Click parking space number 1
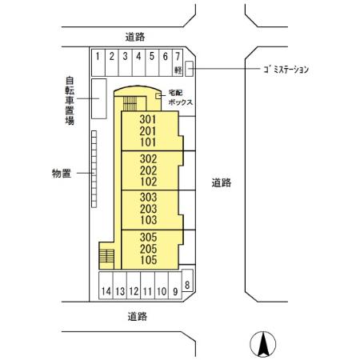point(97,57)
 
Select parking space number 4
point(138,57)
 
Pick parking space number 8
point(187,285)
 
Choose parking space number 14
point(106,291)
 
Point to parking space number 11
point(147,291)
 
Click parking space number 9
point(175,291)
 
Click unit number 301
point(146,119)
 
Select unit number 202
point(146,170)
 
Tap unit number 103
point(146,220)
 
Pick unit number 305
point(146,237)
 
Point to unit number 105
point(146,260)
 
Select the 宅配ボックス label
point(178,98)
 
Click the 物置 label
point(62,173)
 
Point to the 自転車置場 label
point(70,100)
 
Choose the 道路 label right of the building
point(222,182)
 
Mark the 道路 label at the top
point(136,36)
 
